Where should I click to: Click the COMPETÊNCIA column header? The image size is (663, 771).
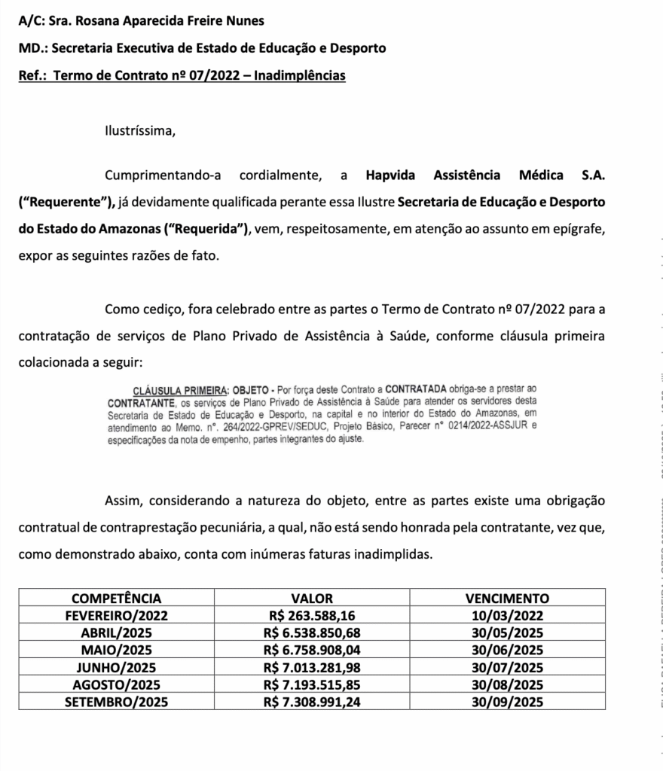[x=117, y=599]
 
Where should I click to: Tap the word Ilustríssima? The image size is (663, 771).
[x=140, y=130]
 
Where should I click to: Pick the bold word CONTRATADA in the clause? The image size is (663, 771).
[x=417, y=390]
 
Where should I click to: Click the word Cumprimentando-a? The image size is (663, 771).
[x=163, y=176]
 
